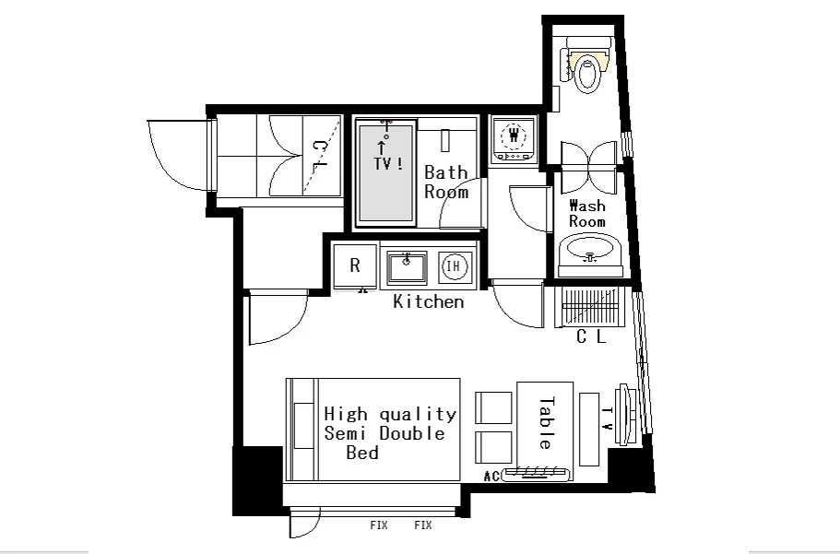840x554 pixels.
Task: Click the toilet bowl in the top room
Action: pyautogui.click(x=587, y=75)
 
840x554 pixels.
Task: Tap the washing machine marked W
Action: pyautogui.click(x=515, y=137)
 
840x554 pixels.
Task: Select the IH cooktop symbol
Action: pyautogui.click(x=454, y=265)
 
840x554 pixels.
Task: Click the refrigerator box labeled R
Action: pyautogui.click(x=355, y=265)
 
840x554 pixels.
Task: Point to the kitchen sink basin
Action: pyautogui.click(x=408, y=266)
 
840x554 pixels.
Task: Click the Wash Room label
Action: pyautogui.click(x=587, y=213)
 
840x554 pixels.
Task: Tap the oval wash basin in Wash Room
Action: pyautogui.click(x=590, y=249)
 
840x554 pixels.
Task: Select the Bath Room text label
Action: pyautogui.click(x=446, y=183)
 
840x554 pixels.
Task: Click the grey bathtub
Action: pyautogui.click(x=385, y=172)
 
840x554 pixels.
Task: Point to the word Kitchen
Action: pyautogui.click(x=429, y=301)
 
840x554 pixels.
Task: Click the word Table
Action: pyautogui.click(x=546, y=423)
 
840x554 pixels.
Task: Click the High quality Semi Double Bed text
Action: pyautogui.click(x=390, y=433)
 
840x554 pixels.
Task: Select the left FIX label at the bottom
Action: pyautogui.click(x=379, y=525)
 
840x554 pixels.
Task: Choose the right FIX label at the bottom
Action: pyautogui.click(x=422, y=525)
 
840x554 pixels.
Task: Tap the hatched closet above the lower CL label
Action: pyautogui.click(x=590, y=307)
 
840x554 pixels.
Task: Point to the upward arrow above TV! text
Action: pyautogui.click(x=382, y=147)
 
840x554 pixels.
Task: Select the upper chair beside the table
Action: pyautogui.click(x=493, y=407)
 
